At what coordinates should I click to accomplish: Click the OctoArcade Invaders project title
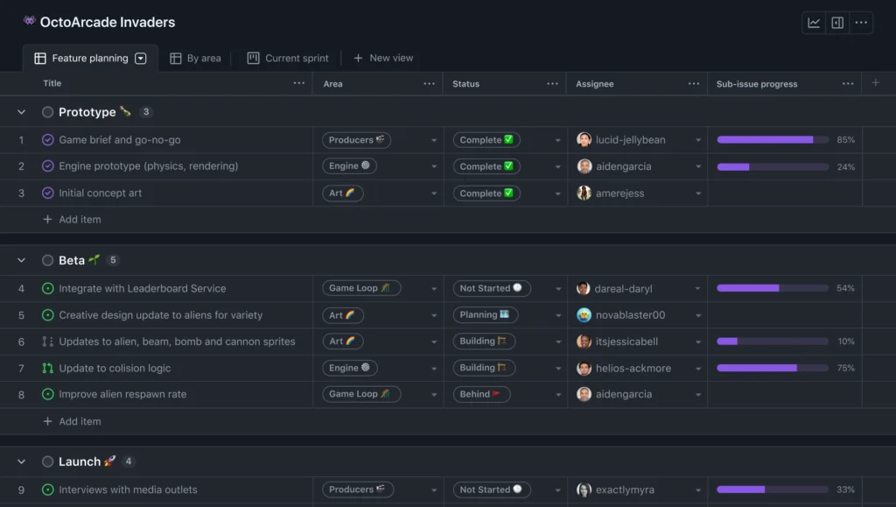tap(108, 23)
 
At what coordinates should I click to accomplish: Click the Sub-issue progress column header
tap(757, 84)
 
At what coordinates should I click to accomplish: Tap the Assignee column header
tap(595, 84)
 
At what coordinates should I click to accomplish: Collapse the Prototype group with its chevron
tap(21, 112)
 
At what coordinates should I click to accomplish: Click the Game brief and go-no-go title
tap(120, 140)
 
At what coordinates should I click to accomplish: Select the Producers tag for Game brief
tap(356, 140)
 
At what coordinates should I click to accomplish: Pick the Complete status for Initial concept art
tap(486, 194)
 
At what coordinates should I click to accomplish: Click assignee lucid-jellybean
tap(630, 140)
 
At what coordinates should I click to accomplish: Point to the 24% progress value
tap(845, 167)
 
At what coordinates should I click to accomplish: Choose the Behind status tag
tap(480, 395)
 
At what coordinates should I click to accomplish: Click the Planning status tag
tap(485, 315)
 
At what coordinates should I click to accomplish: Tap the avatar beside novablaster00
tap(584, 315)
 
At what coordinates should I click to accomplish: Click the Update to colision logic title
tap(115, 369)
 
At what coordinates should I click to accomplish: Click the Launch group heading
tap(80, 461)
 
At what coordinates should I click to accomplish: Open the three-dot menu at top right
tap(862, 23)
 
